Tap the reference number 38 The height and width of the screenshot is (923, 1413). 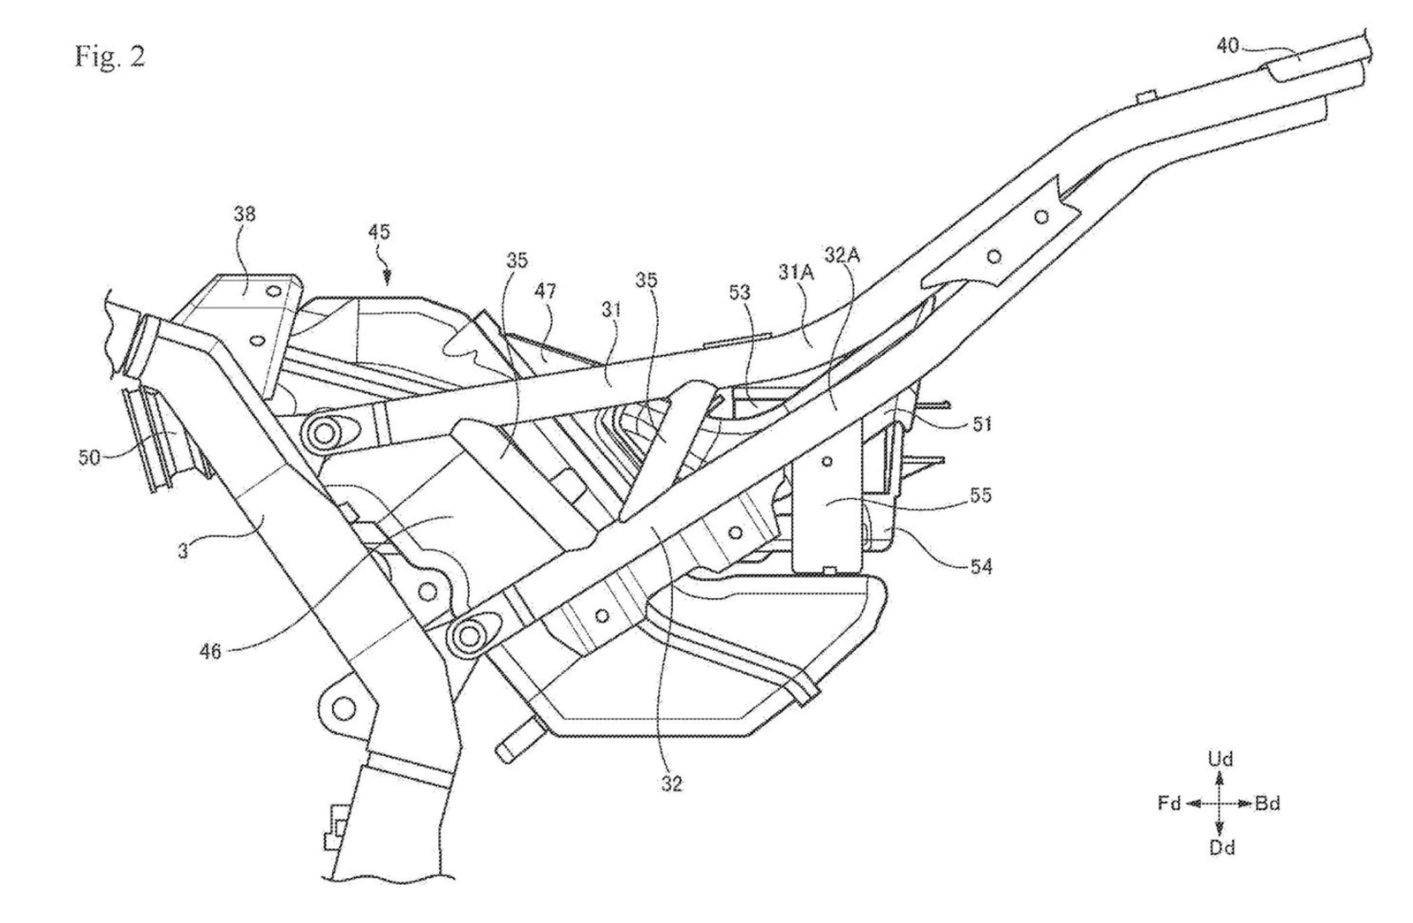tap(246, 214)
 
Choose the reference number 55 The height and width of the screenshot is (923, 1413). tap(979, 496)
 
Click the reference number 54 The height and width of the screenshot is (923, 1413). tap(979, 568)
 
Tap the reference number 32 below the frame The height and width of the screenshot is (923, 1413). tap(671, 783)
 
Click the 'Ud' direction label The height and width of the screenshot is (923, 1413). tap(1220, 759)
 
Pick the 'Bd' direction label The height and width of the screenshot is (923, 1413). tap(1267, 804)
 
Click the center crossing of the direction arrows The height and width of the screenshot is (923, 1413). tap(1220, 804)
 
